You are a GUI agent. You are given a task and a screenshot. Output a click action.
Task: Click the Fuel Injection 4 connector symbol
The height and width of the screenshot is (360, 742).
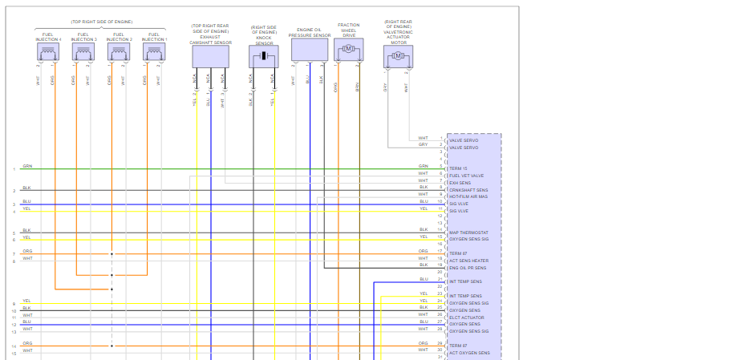click(48, 53)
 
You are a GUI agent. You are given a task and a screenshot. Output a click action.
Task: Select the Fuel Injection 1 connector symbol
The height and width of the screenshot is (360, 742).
click(154, 53)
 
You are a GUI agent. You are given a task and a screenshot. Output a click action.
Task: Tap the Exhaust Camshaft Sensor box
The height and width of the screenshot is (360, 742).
click(210, 56)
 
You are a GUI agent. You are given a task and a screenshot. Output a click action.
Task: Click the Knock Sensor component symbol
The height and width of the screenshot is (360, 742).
click(263, 56)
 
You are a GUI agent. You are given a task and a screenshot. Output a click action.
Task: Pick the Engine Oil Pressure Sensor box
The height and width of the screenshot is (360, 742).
click(310, 51)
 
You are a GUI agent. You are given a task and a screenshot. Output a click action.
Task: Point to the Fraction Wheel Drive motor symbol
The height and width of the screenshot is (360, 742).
click(348, 50)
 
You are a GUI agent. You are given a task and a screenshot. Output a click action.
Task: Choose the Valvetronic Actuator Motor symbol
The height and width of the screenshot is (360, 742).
click(398, 56)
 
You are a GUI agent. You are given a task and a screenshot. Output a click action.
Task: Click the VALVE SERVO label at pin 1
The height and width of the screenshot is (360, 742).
click(464, 140)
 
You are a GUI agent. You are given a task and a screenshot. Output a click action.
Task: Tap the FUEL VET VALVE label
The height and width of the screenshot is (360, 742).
click(466, 176)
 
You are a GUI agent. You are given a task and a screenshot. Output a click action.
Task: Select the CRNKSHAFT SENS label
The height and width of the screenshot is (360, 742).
click(468, 190)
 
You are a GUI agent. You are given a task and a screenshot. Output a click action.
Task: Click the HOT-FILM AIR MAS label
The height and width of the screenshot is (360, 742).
click(469, 196)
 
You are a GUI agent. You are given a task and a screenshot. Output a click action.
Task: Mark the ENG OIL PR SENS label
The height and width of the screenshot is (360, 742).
click(468, 268)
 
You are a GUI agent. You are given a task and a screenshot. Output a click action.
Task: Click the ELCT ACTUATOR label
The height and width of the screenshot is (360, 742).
click(466, 318)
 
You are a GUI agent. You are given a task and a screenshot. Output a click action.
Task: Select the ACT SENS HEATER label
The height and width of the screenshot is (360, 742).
click(468, 261)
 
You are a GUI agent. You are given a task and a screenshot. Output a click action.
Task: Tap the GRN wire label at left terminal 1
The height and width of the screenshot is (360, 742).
click(27, 167)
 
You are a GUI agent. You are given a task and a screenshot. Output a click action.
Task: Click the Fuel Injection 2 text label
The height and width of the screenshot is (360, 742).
click(119, 37)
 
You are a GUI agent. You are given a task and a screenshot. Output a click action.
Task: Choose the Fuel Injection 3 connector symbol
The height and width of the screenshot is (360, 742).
click(83, 53)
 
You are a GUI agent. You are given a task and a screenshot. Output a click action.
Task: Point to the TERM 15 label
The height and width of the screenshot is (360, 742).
click(460, 168)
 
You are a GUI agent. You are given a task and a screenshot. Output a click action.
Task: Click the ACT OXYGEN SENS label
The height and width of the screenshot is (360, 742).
click(468, 353)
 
